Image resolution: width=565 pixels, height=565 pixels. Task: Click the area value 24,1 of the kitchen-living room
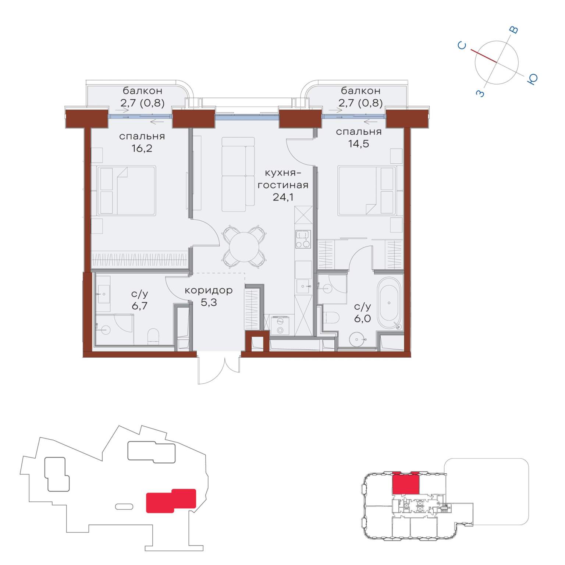pos(283,197)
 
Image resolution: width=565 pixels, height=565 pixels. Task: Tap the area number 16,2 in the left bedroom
pos(142,148)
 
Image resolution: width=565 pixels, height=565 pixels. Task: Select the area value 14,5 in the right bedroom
pos(359,143)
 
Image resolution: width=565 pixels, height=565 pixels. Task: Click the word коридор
pos(209,290)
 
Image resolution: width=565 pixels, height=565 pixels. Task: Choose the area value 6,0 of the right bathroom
pos(362,319)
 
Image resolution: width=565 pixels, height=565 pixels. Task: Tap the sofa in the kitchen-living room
pos(238,174)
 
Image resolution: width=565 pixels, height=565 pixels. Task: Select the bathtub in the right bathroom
pos(390,303)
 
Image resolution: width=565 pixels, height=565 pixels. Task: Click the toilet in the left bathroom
pos(153,337)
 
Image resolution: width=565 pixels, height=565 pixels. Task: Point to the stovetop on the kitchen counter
pos(303,239)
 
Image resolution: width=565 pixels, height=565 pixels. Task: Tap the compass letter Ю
pos(533,79)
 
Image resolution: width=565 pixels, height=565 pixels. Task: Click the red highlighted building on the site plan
pos(171,501)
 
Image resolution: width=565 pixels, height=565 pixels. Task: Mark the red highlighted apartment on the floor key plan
pos(405,483)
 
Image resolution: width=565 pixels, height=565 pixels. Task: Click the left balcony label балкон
pos(142,90)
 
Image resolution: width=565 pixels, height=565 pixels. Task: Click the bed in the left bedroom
pos(126,190)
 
